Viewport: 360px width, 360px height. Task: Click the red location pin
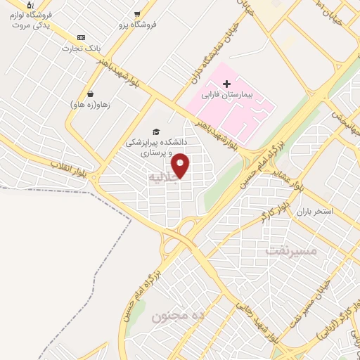181,165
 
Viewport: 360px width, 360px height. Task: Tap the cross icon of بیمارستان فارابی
226,84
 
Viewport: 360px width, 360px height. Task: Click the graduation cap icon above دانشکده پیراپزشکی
155,131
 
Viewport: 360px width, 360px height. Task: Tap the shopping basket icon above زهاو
91,94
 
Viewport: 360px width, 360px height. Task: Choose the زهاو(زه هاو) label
89,105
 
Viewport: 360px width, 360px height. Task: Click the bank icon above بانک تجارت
81,37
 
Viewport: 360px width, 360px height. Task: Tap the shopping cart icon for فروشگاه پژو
138,13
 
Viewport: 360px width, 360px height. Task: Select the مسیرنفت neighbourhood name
291,250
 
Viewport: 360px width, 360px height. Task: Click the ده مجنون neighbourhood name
178,316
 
